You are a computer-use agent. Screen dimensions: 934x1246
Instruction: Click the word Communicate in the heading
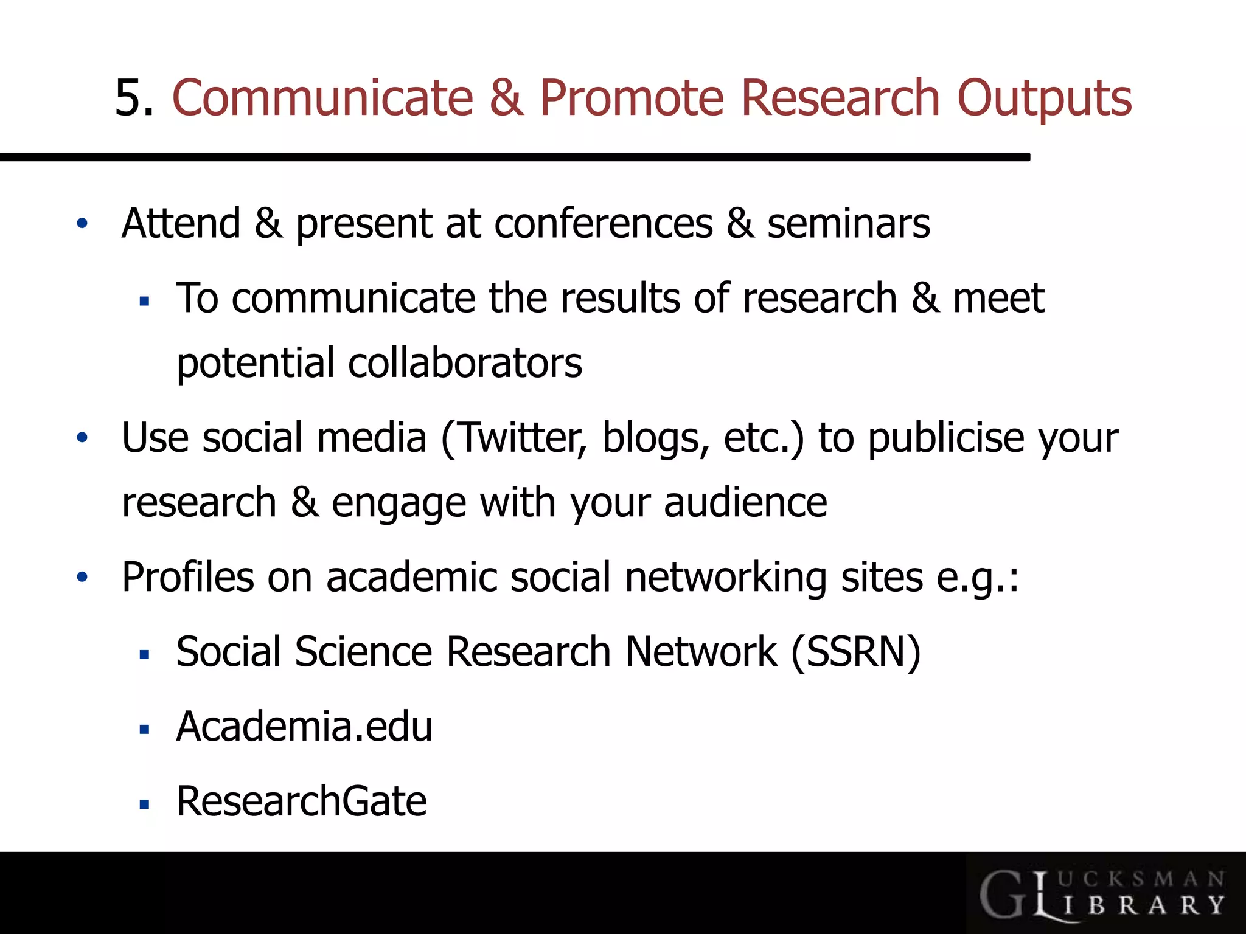(323, 99)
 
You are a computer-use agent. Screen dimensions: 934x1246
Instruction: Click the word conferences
(603, 224)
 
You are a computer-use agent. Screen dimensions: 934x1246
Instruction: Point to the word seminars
(848, 224)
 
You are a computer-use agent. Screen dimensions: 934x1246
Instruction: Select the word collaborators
(465, 363)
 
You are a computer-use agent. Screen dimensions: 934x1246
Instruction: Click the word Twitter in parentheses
(520, 438)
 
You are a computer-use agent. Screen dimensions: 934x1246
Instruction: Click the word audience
(745, 503)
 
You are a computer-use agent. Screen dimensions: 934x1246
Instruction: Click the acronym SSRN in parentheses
(856, 652)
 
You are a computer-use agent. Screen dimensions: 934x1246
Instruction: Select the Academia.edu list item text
(304, 727)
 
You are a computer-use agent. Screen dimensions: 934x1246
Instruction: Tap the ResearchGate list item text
(302, 801)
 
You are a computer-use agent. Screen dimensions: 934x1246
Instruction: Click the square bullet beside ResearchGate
(144, 804)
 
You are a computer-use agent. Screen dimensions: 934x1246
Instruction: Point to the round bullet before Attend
(82, 224)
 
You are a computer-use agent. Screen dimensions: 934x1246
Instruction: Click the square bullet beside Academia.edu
(144, 730)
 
